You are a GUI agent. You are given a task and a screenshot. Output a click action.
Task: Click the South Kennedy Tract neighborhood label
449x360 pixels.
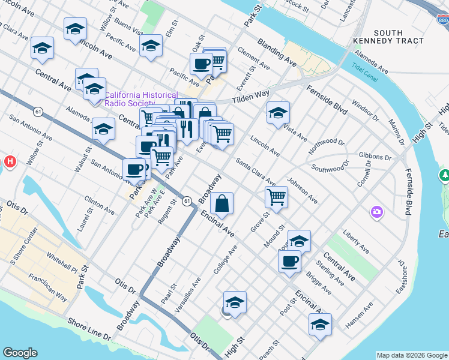398,37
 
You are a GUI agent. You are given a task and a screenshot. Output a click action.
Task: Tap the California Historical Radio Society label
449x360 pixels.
141,99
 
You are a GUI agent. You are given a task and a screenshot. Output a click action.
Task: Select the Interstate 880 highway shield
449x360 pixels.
442,20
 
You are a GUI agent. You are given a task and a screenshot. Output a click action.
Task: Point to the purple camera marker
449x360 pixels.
376,211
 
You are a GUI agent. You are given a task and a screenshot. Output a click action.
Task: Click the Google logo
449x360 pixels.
20,353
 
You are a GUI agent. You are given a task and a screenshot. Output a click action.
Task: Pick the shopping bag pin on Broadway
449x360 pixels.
222,203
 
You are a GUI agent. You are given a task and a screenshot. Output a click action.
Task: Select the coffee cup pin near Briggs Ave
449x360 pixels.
289,261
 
